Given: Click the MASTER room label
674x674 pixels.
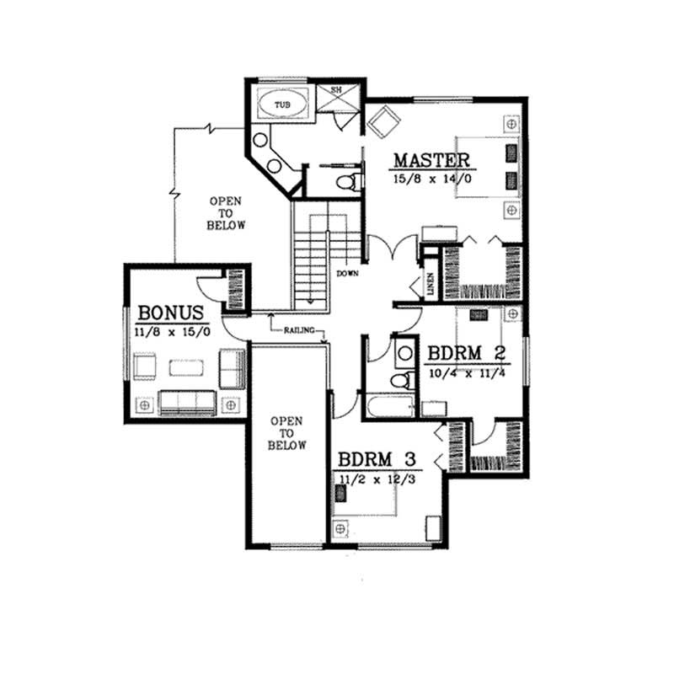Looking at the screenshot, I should (431, 159).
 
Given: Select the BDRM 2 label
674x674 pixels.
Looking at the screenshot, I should (466, 353).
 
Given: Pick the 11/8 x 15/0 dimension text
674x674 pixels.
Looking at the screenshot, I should (172, 332).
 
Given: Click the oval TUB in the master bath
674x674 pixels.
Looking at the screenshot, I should (281, 104).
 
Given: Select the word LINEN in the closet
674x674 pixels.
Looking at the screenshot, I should (430, 284).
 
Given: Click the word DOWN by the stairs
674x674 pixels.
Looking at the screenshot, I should (347, 274).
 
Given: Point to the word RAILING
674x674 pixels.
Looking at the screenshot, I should (300, 331).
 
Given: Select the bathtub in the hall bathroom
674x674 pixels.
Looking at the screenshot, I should (390, 409).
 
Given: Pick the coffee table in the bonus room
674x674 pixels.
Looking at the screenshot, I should (185, 368).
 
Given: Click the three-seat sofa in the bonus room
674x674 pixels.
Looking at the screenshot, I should (188, 403).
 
